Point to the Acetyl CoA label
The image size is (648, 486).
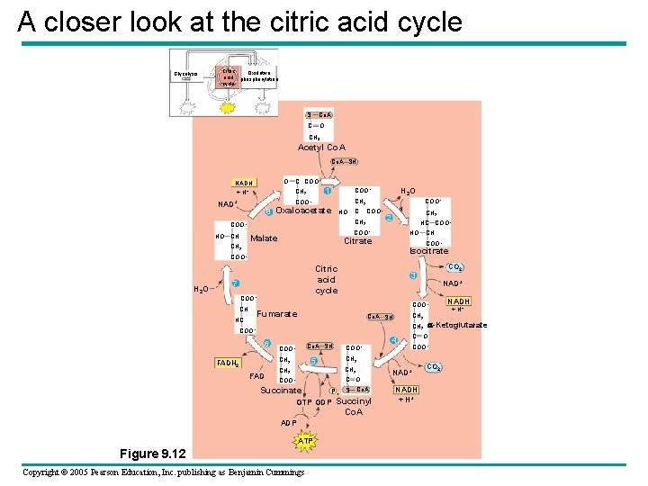322,148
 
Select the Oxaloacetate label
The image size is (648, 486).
305,211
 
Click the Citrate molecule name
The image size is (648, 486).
358,240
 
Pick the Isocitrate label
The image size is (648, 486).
428,251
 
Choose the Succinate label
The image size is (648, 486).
281,391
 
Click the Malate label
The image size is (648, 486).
264,238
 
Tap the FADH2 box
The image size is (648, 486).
227,363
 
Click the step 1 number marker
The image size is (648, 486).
328,191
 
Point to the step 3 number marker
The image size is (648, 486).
412,274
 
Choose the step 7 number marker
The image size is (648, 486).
235,284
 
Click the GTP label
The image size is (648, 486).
303,402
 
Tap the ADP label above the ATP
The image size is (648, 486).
288,422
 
